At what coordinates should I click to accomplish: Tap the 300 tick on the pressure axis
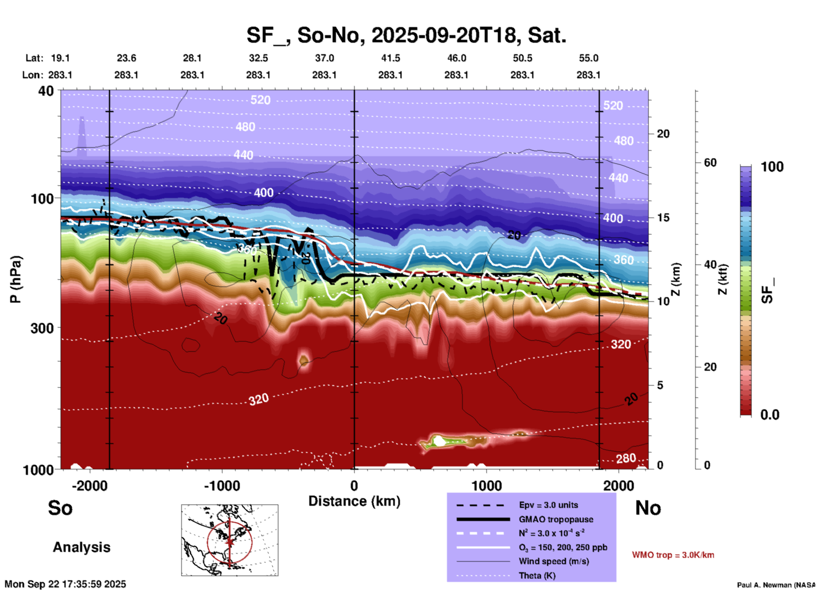point(42,328)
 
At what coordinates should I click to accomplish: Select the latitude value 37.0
point(324,58)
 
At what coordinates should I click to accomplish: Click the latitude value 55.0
point(588,58)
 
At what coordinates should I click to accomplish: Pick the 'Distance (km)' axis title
point(354,501)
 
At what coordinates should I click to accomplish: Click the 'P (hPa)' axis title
point(15,279)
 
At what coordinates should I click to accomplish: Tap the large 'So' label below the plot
point(60,507)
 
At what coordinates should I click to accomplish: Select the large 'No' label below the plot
point(648,507)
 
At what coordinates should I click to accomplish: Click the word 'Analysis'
point(81,547)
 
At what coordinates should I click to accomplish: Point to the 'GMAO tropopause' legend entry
point(556,519)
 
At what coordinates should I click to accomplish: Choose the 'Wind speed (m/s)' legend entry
point(553,561)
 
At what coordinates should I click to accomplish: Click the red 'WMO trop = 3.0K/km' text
point(673,555)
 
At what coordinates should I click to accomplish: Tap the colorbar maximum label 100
point(772,167)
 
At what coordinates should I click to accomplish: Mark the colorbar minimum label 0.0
point(770,415)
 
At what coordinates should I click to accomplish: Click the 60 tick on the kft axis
point(710,163)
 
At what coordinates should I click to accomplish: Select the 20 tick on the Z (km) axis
point(663,134)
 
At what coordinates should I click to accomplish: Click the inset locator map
point(230,540)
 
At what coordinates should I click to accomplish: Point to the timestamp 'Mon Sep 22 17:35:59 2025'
point(65,584)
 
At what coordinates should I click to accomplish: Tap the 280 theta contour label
point(626,458)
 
